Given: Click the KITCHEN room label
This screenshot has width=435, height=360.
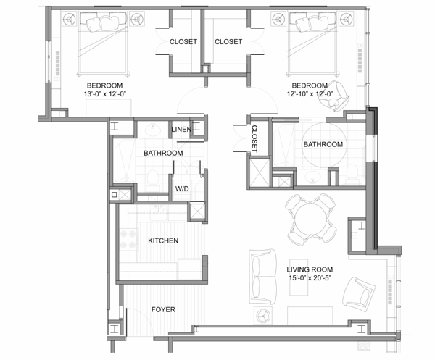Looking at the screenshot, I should click(x=163, y=240).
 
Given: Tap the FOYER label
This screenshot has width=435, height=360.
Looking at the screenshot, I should click(x=163, y=309).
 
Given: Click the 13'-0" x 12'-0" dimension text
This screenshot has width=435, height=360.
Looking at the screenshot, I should click(x=107, y=93).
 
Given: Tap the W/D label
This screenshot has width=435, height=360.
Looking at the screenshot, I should click(x=183, y=189).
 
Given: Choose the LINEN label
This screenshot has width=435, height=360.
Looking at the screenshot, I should click(x=181, y=130).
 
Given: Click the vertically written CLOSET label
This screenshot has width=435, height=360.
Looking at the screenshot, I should click(x=255, y=138).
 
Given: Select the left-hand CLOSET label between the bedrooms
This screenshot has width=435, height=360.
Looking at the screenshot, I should click(x=183, y=42).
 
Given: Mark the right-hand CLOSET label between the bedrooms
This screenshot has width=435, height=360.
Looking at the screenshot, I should click(x=228, y=42).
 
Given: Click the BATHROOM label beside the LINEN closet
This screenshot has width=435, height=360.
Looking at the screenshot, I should click(x=163, y=154).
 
